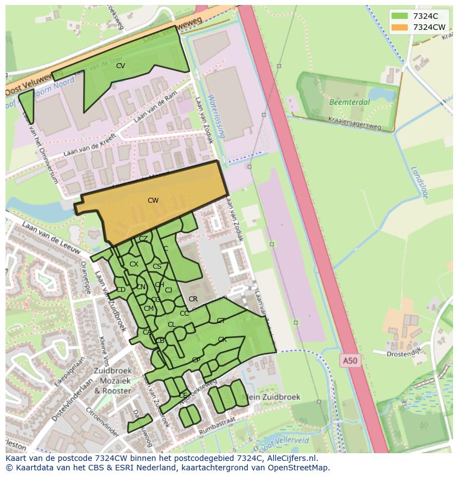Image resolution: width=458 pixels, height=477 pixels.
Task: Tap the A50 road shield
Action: tap(350, 361)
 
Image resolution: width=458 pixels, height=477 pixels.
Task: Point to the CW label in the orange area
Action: tap(153, 201)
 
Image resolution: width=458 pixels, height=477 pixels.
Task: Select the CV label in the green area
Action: tap(120, 66)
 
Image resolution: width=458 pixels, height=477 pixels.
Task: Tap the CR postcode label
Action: tap(193, 299)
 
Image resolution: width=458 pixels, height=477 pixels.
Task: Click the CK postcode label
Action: tap(222, 340)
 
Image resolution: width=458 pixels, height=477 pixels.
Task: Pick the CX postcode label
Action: tap(133, 264)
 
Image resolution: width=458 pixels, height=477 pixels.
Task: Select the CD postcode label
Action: tap(121, 290)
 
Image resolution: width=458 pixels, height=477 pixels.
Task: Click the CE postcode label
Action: tap(183, 396)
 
